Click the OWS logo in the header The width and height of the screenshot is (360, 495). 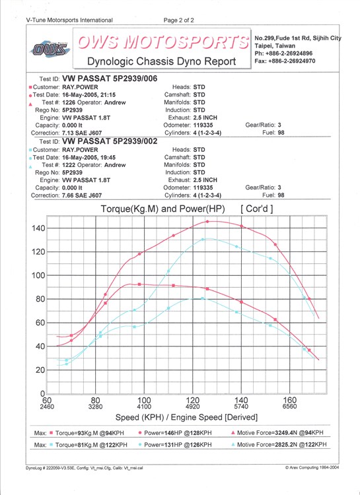pyautogui.click(x=50, y=49)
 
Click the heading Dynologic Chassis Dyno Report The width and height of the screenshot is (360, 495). pyautogui.click(x=162, y=61)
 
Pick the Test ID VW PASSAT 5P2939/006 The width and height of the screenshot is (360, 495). pyautogui.click(x=110, y=79)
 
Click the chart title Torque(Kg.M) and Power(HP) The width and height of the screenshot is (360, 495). pyautogui.click(x=162, y=209)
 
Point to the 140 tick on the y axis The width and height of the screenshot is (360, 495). pyautogui.click(x=38, y=228)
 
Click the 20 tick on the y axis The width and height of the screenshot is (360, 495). pyautogui.click(x=40, y=370)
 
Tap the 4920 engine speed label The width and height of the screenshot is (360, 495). pyautogui.click(x=193, y=407)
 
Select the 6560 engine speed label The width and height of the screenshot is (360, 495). pyautogui.click(x=290, y=407)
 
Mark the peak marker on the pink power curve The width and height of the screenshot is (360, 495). pyautogui.click(x=207, y=222)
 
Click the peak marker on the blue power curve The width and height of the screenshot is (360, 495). pyautogui.click(x=203, y=240)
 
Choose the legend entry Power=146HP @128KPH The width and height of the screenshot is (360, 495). pyautogui.click(x=178, y=433)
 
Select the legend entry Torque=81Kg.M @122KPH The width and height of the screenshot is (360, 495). pyautogui.click(x=91, y=445)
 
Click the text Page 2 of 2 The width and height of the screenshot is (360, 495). pyautogui.click(x=179, y=20)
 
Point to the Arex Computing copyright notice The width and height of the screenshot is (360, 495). pyautogui.click(x=312, y=467)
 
